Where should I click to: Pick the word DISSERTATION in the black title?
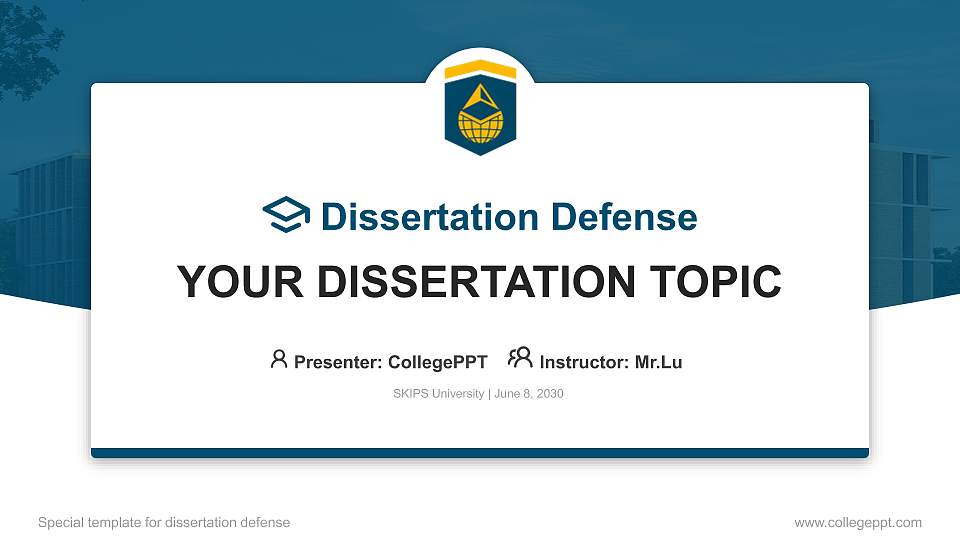(474, 282)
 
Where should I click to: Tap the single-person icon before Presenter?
(279, 359)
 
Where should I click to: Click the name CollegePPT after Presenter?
(437, 362)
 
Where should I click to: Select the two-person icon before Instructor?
(520, 359)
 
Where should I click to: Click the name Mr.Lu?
(659, 362)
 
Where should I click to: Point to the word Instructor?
(584, 362)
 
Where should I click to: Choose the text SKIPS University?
(439, 394)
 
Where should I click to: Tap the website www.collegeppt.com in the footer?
(857, 522)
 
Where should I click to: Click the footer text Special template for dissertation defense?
(163, 522)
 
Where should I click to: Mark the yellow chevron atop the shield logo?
(480, 71)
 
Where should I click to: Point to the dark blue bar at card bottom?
(480, 453)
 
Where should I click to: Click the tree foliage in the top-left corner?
(30, 40)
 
